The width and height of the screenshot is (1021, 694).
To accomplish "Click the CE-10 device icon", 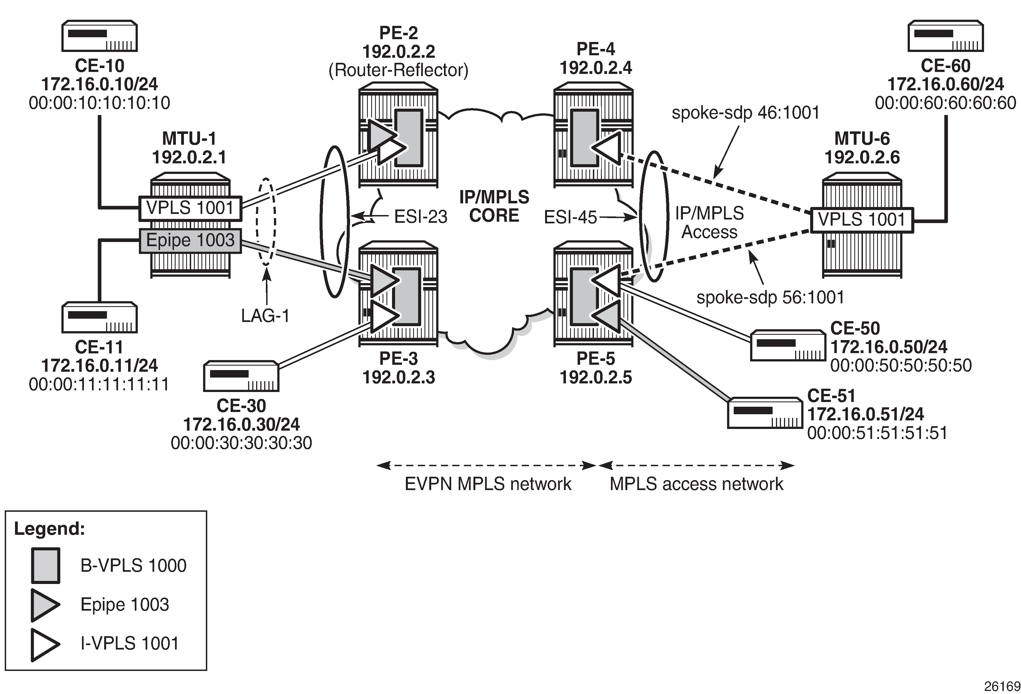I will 99,36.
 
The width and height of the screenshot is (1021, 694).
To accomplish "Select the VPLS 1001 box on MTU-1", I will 190,208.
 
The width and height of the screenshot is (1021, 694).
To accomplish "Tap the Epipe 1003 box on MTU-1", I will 190,240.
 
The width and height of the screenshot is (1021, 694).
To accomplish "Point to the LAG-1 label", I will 265,315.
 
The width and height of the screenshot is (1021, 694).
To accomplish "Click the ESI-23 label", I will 420,216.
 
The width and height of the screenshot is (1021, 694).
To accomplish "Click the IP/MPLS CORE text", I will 494,206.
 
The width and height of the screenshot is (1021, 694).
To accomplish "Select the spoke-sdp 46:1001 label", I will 746,113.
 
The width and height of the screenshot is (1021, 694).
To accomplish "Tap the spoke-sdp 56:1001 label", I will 770,297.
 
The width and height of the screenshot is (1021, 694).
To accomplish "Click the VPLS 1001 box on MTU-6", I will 862,219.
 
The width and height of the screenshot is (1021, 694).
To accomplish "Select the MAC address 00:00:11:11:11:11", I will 99,384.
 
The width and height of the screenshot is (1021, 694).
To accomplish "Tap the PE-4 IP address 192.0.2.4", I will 596,68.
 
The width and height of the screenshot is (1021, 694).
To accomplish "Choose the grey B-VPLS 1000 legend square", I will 45,565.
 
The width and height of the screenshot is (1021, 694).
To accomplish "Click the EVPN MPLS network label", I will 488,484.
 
